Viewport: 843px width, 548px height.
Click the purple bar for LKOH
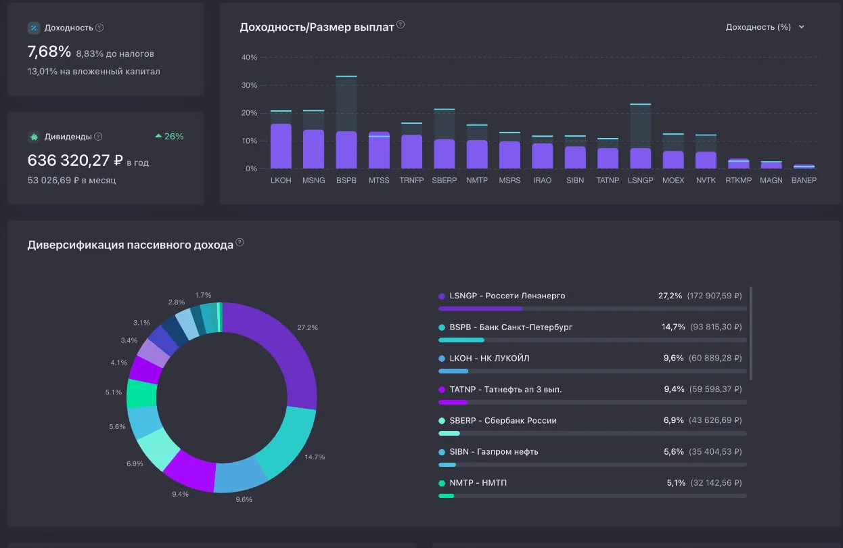[281, 146]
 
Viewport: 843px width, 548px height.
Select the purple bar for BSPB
[346, 150]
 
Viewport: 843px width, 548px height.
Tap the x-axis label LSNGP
[640, 180]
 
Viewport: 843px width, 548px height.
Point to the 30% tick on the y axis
[249, 85]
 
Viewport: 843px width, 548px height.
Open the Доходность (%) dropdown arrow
[802, 27]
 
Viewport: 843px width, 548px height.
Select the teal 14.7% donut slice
[288, 444]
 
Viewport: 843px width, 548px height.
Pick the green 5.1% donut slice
[141, 394]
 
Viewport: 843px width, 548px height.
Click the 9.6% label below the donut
[244, 499]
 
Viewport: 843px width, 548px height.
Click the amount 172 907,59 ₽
[714, 296]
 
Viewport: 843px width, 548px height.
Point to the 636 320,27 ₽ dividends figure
[75, 160]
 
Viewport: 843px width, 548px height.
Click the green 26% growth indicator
[169, 136]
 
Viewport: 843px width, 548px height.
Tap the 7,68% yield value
[49, 51]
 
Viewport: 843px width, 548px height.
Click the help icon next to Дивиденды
[98, 137]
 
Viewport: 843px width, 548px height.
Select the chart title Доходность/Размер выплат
[317, 27]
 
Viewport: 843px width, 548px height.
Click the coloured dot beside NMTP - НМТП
[442, 483]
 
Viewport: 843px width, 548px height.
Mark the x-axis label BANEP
[804, 180]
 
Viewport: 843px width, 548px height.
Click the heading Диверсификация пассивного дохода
[130, 245]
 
